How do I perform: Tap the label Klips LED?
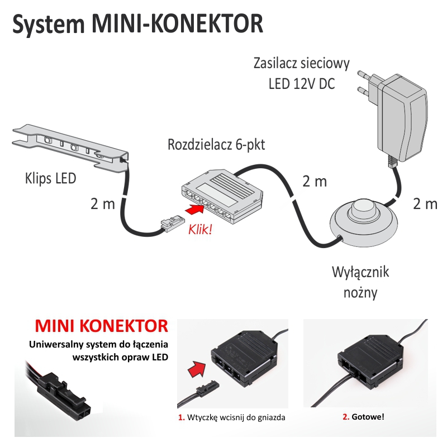click(x=50, y=180)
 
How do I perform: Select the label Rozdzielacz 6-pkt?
click(x=216, y=145)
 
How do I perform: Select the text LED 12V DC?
click(x=302, y=84)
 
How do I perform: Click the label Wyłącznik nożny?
click(x=360, y=282)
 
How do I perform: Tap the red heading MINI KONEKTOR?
click(x=101, y=326)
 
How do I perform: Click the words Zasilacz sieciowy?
click(x=302, y=62)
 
